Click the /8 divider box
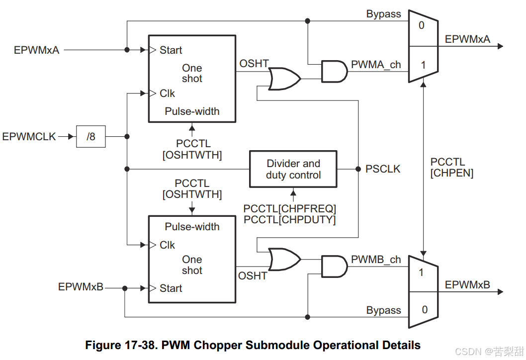(91, 136)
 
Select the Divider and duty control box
(293, 169)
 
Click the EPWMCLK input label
(29, 136)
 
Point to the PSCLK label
(383, 169)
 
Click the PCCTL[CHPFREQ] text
(289, 208)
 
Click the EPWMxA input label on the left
(37, 50)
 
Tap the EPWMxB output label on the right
(467, 285)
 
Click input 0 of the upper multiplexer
(422, 25)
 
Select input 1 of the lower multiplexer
(422, 272)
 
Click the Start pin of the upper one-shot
(171, 50)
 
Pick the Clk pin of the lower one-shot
(167, 245)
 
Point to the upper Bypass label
(383, 14)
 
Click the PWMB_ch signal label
(376, 260)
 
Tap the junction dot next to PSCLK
(358, 169)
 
